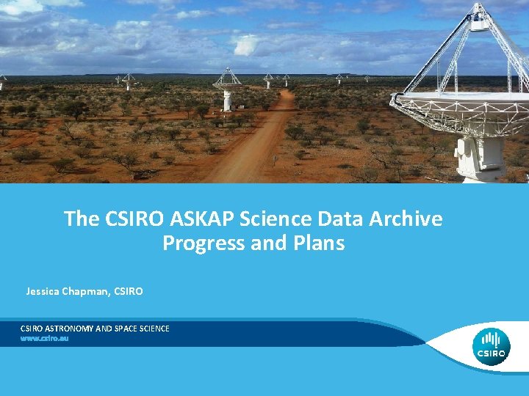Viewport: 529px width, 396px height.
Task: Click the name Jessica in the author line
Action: coord(46,292)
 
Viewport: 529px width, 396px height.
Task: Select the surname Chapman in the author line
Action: coord(89,292)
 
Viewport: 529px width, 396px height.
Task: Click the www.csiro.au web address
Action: coord(44,339)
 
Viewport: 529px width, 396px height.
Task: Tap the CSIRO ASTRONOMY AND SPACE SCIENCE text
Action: coord(95,329)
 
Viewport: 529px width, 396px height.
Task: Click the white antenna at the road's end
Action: coord(227,92)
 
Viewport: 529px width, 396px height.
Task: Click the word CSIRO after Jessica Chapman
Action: coord(129,292)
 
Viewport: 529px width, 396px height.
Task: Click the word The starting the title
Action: coord(79,219)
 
